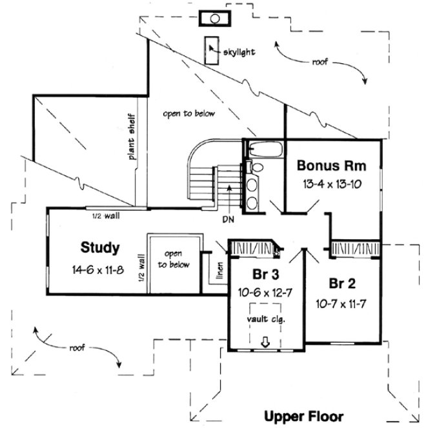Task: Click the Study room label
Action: pos(99,247)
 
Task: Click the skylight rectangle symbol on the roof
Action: pos(211,50)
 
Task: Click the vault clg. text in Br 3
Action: pos(265,319)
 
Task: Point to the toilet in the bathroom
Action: pos(257,167)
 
